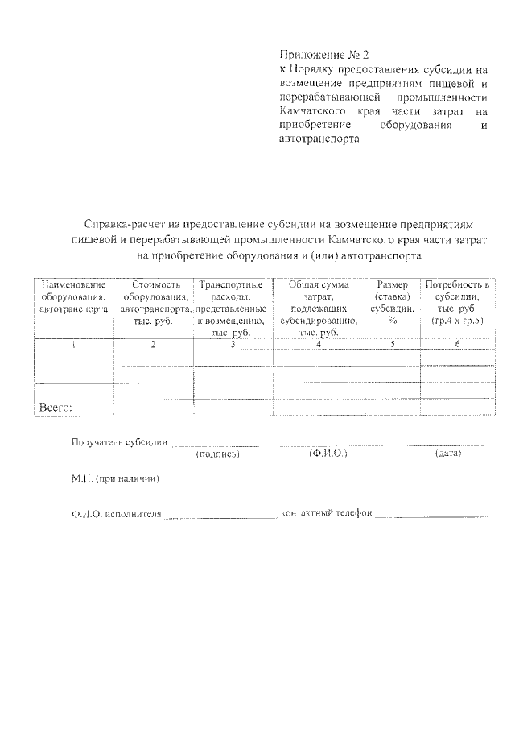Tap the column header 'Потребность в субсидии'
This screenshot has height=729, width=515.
(x=456, y=302)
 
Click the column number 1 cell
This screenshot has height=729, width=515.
(x=73, y=345)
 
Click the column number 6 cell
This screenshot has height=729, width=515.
(x=456, y=345)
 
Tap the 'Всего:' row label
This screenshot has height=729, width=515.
(x=56, y=408)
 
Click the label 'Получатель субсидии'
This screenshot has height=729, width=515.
(x=119, y=443)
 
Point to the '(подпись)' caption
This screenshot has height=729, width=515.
(x=218, y=455)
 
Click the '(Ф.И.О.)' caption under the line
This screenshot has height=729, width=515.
(x=328, y=455)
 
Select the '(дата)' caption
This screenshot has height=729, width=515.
(x=447, y=455)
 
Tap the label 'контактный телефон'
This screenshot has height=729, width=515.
(x=325, y=514)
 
